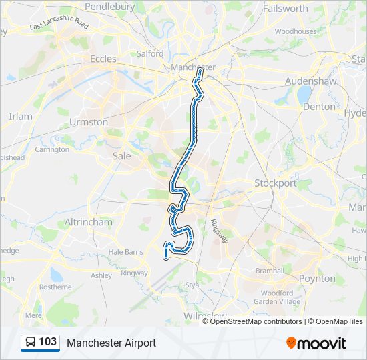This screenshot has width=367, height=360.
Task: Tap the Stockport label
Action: click(275, 183)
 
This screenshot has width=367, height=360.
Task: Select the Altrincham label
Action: click(88, 221)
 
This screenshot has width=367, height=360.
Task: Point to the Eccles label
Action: click(103, 59)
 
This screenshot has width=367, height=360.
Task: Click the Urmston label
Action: click(89, 122)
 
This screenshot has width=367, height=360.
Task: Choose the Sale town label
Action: click(122, 155)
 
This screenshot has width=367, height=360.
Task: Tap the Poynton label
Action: click(317, 278)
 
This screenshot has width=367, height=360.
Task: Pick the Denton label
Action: click(319, 106)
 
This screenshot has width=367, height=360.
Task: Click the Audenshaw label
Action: click(308, 80)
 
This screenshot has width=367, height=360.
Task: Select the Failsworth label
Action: click(286, 9)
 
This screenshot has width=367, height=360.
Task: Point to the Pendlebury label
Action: click(110, 7)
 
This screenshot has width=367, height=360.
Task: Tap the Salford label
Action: click(150, 53)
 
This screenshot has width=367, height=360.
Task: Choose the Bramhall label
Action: click(270, 271)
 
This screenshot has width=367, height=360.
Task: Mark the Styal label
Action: click(192, 285)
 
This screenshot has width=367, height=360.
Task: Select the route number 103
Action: click(48, 342)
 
